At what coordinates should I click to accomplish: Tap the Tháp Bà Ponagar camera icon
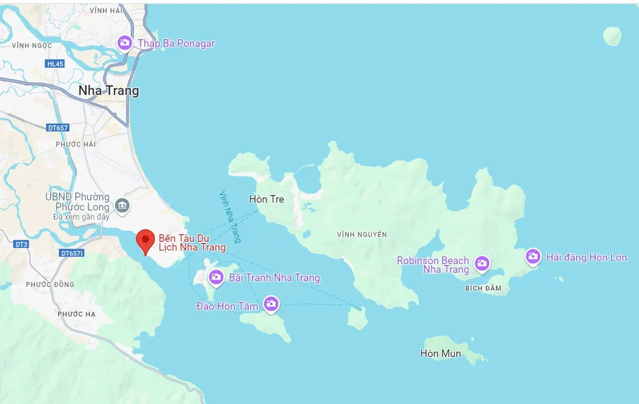(x=125, y=43)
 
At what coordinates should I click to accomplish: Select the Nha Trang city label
(x=109, y=91)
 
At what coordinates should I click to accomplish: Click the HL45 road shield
(x=55, y=64)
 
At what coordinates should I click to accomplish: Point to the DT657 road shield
(x=58, y=128)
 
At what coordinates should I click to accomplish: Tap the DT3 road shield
(x=21, y=244)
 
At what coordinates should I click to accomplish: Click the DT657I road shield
(x=72, y=253)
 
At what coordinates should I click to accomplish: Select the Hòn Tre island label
(x=266, y=199)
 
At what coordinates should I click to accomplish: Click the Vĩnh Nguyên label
(x=362, y=235)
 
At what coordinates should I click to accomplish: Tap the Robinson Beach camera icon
(x=482, y=263)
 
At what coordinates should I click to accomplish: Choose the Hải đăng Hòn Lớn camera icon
(x=533, y=256)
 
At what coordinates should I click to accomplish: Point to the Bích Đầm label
(x=483, y=289)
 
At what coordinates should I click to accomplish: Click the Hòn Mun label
(x=440, y=353)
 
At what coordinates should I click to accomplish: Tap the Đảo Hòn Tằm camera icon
(x=271, y=303)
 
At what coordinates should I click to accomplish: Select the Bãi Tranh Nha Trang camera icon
(x=216, y=276)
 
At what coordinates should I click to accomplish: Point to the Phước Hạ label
(x=76, y=314)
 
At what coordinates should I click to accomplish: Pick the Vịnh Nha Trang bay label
(x=230, y=217)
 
